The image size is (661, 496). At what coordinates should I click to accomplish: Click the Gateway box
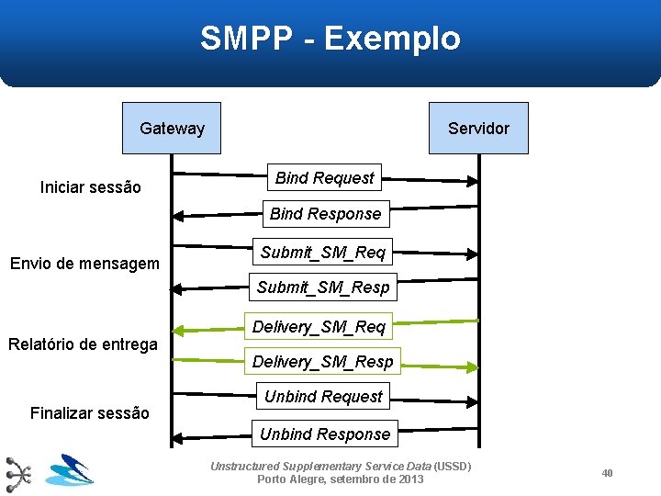click(173, 129)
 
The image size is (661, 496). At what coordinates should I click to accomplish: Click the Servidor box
click(478, 129)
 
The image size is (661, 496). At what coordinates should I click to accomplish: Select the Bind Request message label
click(324, 177)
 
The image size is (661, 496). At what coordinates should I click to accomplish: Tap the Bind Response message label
click(325, 214)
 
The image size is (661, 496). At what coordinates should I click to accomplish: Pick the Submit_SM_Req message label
click(323, 252)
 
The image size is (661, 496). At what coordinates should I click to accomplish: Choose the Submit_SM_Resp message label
click(323, 287)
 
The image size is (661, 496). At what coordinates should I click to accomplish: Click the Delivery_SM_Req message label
click(319, 326)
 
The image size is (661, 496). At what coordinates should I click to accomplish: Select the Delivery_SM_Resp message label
click(323, 362)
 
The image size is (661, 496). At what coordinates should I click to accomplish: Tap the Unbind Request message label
click(323, 397)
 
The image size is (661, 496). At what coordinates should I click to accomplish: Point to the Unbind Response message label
click(325, 434)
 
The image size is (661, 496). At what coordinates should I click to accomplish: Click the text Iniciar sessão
click(91, 187)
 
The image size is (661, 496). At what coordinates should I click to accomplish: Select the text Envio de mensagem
click(84, 265)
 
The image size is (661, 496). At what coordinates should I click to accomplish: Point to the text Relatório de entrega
click(83, 344)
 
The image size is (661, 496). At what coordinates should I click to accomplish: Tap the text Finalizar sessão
click(89, 413)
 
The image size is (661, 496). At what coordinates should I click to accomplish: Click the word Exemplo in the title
click(392, 39)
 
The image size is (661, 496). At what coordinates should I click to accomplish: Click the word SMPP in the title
click(245, 39)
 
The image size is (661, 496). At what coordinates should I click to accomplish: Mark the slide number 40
click(607, 473)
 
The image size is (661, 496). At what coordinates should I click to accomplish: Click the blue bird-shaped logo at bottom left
click(70, 470)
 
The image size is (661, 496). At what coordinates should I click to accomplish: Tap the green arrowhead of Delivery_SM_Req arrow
click(179, 329)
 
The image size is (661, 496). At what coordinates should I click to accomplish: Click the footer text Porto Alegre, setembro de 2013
click(340, 479)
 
